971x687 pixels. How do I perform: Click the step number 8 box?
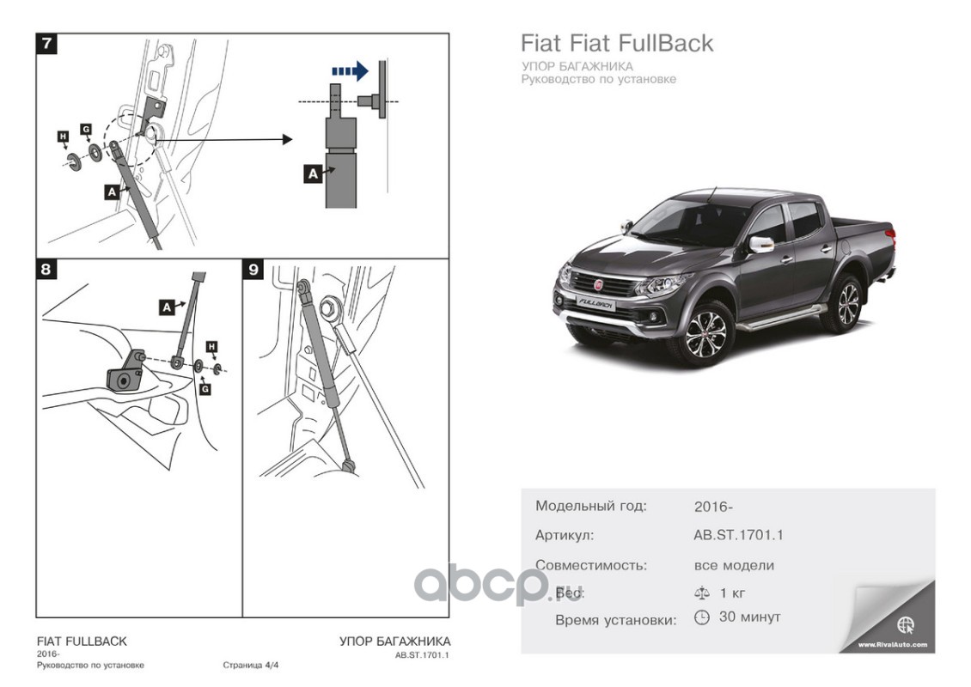(47, 270)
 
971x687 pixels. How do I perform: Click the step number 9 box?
(253, 270)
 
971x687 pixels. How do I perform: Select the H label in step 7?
(63, 137)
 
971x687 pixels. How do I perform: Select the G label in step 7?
(86, 129)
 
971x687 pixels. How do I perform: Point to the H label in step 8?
(212, 346)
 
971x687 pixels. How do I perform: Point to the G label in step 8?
(205, 388)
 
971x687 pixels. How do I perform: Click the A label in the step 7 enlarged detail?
(313, 173)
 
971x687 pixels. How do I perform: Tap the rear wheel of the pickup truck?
(840, 302)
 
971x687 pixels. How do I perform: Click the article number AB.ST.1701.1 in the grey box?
(738, 535)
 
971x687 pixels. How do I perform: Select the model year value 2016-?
(712, 507)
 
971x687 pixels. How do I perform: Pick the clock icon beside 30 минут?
(701, 617)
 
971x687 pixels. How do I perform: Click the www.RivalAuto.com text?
(893, 643)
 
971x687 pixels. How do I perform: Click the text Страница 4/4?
(251, 665)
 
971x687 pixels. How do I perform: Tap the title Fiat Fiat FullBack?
(617, 43)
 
